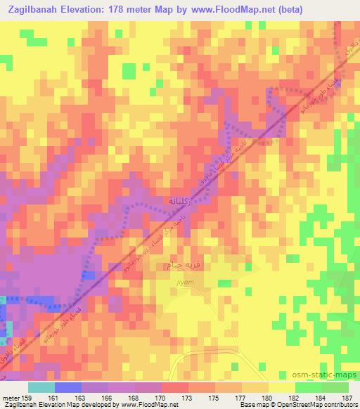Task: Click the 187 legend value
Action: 346,397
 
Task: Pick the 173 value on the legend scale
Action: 187,397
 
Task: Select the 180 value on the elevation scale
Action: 266,397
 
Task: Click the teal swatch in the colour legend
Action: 41,387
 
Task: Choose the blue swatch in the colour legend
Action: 67,387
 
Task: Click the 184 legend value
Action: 319,397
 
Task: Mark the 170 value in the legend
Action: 160,397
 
